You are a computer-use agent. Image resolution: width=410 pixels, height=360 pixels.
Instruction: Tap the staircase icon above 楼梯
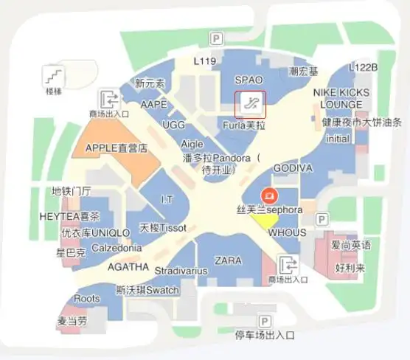[x=54, y=75]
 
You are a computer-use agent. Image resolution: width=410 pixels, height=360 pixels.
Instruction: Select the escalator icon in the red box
[x=251, y=104]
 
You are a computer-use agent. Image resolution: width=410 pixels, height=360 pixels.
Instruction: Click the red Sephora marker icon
[x=271, y=196]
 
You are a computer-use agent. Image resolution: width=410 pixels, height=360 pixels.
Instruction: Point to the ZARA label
[x=228, y=260]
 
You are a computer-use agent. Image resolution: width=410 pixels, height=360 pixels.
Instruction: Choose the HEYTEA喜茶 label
[x=69, y=217]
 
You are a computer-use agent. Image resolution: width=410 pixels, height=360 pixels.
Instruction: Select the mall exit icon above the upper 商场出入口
[x=109, y=98]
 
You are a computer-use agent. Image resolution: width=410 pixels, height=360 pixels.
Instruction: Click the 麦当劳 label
[x=72, y=322]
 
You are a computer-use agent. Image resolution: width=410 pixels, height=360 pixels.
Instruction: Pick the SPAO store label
[x=249, y=80]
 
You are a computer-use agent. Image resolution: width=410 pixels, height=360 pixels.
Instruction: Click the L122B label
[x=364, y=67]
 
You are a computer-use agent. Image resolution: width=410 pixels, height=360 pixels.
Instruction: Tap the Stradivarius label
[x=181, y=271]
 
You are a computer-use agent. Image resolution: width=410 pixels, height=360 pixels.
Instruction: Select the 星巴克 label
[x=71, y=252]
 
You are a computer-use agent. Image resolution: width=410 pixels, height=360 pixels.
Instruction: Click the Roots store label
[x=87, y=299]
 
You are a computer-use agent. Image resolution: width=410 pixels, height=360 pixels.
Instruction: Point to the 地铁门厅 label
[x=71, y=191]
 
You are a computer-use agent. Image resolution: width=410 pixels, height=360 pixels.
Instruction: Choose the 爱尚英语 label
[x=351, y=245]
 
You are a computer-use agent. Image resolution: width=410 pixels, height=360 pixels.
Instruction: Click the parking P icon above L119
[x=217, y=38]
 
